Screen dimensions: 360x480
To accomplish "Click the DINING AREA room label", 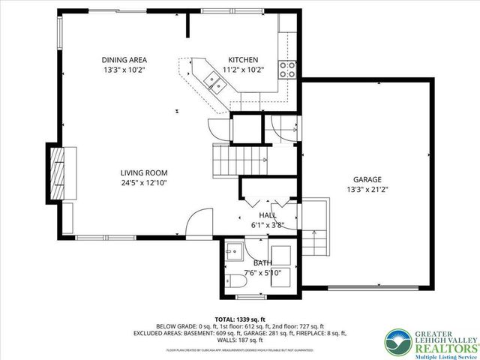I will pos(124,60).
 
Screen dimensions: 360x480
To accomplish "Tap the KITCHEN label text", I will pos(243,60).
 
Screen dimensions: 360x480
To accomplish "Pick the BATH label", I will pos(262,262).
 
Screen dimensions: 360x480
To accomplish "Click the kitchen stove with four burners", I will pos(287,70).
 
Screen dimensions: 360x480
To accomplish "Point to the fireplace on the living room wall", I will pos(56,172).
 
